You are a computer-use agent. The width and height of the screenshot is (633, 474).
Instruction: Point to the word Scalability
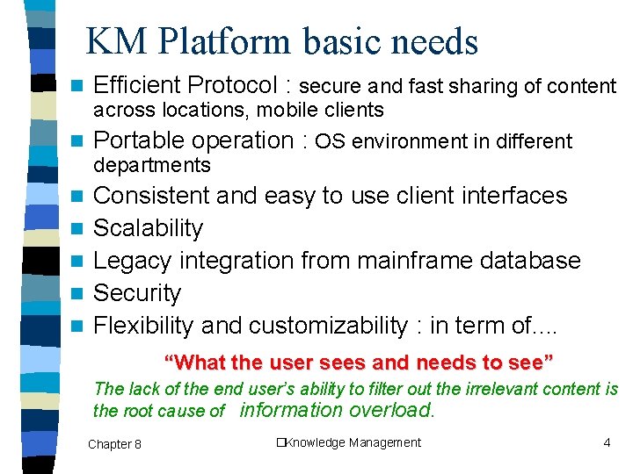(148, 228)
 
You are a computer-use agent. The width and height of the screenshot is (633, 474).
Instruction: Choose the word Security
(137, 293)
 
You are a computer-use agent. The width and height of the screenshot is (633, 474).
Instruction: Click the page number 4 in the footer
(607, 442)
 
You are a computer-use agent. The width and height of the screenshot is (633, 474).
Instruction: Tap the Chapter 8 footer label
(114, 444)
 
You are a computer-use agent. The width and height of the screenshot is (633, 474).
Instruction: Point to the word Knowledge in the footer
(315, 442)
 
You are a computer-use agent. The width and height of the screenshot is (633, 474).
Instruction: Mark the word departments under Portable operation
(152, 165)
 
